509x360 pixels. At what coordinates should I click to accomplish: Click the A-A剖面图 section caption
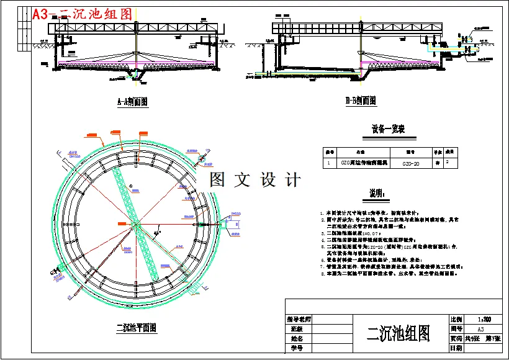click(x=137, y=101)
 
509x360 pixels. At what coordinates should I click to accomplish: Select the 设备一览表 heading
click(x=388, y=129)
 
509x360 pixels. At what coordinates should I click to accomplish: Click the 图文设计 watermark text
click(x=255, y=181)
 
